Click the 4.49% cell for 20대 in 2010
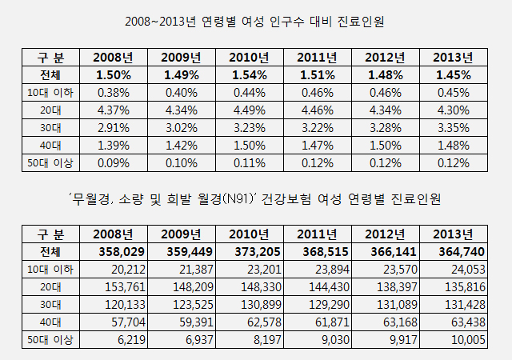[248, 110]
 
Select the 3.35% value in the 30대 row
[452, 127]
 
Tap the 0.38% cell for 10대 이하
[113, 92]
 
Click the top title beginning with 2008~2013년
[256, 22]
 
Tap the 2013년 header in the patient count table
[452, 234]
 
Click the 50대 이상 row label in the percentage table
[46, 162]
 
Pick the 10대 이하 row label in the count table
[46, 269]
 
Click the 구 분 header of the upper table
[46, 58]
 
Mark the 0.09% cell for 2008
[113, 162]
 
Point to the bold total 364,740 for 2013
[452, 251]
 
